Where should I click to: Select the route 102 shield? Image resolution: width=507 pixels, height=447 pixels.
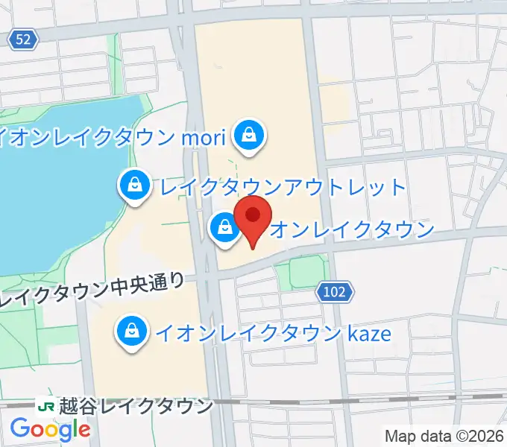pos(334,292)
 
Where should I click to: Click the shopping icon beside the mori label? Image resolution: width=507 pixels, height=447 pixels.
pos(245,136)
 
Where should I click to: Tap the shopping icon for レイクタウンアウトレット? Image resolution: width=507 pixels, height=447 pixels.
pos(133,186)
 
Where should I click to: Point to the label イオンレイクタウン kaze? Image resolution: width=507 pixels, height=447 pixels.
pos(272,332)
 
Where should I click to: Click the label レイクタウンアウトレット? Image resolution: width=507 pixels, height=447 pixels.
pos(279,186)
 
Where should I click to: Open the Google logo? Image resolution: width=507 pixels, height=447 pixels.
pos(50,430)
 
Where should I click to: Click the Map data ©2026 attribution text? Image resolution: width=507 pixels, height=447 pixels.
pos(444,436)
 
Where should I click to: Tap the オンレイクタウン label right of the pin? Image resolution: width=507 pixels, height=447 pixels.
pos(350,229)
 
